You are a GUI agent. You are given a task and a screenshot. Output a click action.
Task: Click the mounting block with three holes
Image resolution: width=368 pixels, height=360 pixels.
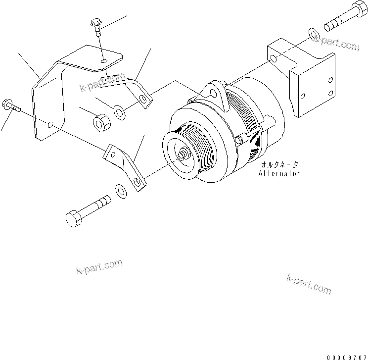[302, 79]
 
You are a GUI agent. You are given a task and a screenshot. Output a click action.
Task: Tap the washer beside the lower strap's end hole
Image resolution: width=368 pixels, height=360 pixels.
[120, 190]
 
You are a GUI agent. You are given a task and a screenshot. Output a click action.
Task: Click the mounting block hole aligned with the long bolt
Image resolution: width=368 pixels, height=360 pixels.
[274, 58]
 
